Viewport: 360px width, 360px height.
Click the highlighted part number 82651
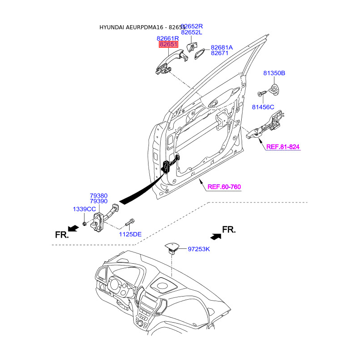(168, 44)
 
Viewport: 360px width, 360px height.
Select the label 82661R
(167, 38)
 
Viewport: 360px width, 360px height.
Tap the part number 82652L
(192, 32)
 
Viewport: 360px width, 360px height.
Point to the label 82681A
(221, 48)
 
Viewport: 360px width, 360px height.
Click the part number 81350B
(274, 73)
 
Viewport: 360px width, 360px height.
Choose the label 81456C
(263, 107)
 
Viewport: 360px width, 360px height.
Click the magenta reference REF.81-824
(283, 147)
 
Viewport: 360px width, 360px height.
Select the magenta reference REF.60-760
(224, 187)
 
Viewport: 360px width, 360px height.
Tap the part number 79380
(99, 196)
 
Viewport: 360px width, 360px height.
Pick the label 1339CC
(84, 209)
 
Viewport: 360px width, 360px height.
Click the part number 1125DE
(130, 234)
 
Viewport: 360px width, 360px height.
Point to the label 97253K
(199, 249)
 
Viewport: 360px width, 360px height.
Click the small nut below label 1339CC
(85, 223)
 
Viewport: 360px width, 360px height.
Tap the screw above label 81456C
(261, 94)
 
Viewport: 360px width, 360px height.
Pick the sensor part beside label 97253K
(172, 248)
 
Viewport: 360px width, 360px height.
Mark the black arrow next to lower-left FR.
(73, 228)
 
